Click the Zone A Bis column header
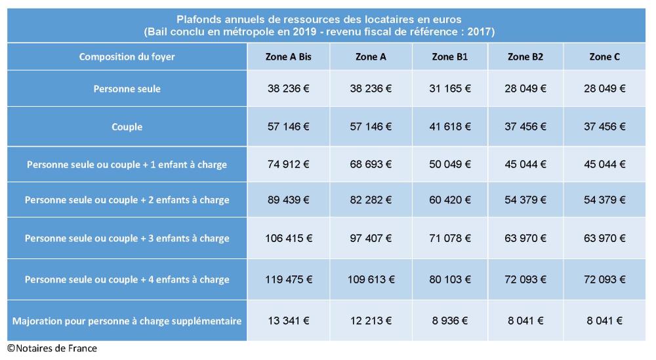(289, 57)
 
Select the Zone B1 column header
(449, 57)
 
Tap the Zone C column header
(604, 57)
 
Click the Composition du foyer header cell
(127, 57)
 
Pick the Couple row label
(127, 127)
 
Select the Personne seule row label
(127, 89)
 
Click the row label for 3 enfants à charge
(127, 238)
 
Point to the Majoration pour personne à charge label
(127, 321)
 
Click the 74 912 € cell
(289, 164)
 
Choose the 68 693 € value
(371, 164)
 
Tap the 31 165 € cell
(449, 89)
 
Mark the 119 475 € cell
(289, 279)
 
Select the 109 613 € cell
(371, 279)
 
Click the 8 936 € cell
(449, 321)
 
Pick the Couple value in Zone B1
(449, 127)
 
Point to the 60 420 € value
(449, 200)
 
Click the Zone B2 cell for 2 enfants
(525, 200)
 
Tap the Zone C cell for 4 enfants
(604, 279)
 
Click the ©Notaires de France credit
(52, 348)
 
